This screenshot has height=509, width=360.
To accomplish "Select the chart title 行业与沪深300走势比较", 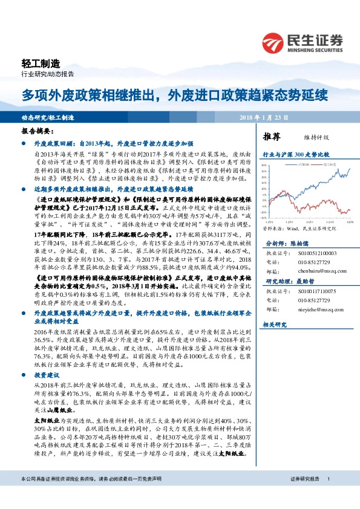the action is tap(296, 155).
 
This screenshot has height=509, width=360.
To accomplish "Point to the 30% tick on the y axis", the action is tap(264, 165).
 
